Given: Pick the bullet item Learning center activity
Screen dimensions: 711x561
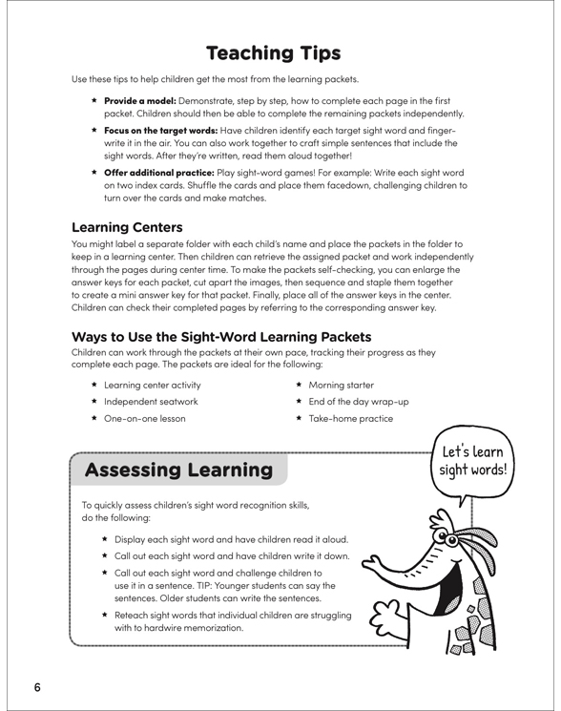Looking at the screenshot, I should pos(158,385).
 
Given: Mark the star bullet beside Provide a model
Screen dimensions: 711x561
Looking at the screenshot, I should pos(93,100).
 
